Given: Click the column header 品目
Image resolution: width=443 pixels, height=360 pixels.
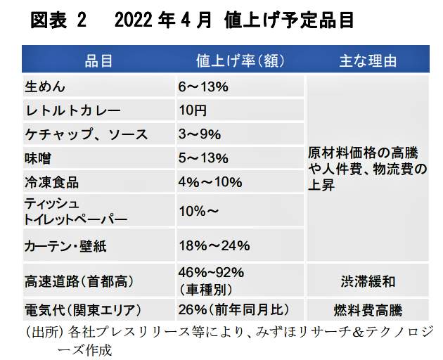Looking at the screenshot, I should [98, 61].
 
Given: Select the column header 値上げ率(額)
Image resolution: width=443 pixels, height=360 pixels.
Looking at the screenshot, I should [238, 61].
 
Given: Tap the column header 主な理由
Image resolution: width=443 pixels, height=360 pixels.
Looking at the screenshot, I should [368, 61].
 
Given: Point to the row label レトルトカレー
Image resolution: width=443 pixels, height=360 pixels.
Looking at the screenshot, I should [73, 110].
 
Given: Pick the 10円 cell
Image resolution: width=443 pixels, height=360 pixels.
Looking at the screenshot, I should [192, 110].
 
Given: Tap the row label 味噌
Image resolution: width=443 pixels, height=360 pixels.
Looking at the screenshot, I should [38, 158].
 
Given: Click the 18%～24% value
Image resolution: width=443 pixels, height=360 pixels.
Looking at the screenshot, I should [214, 246].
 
